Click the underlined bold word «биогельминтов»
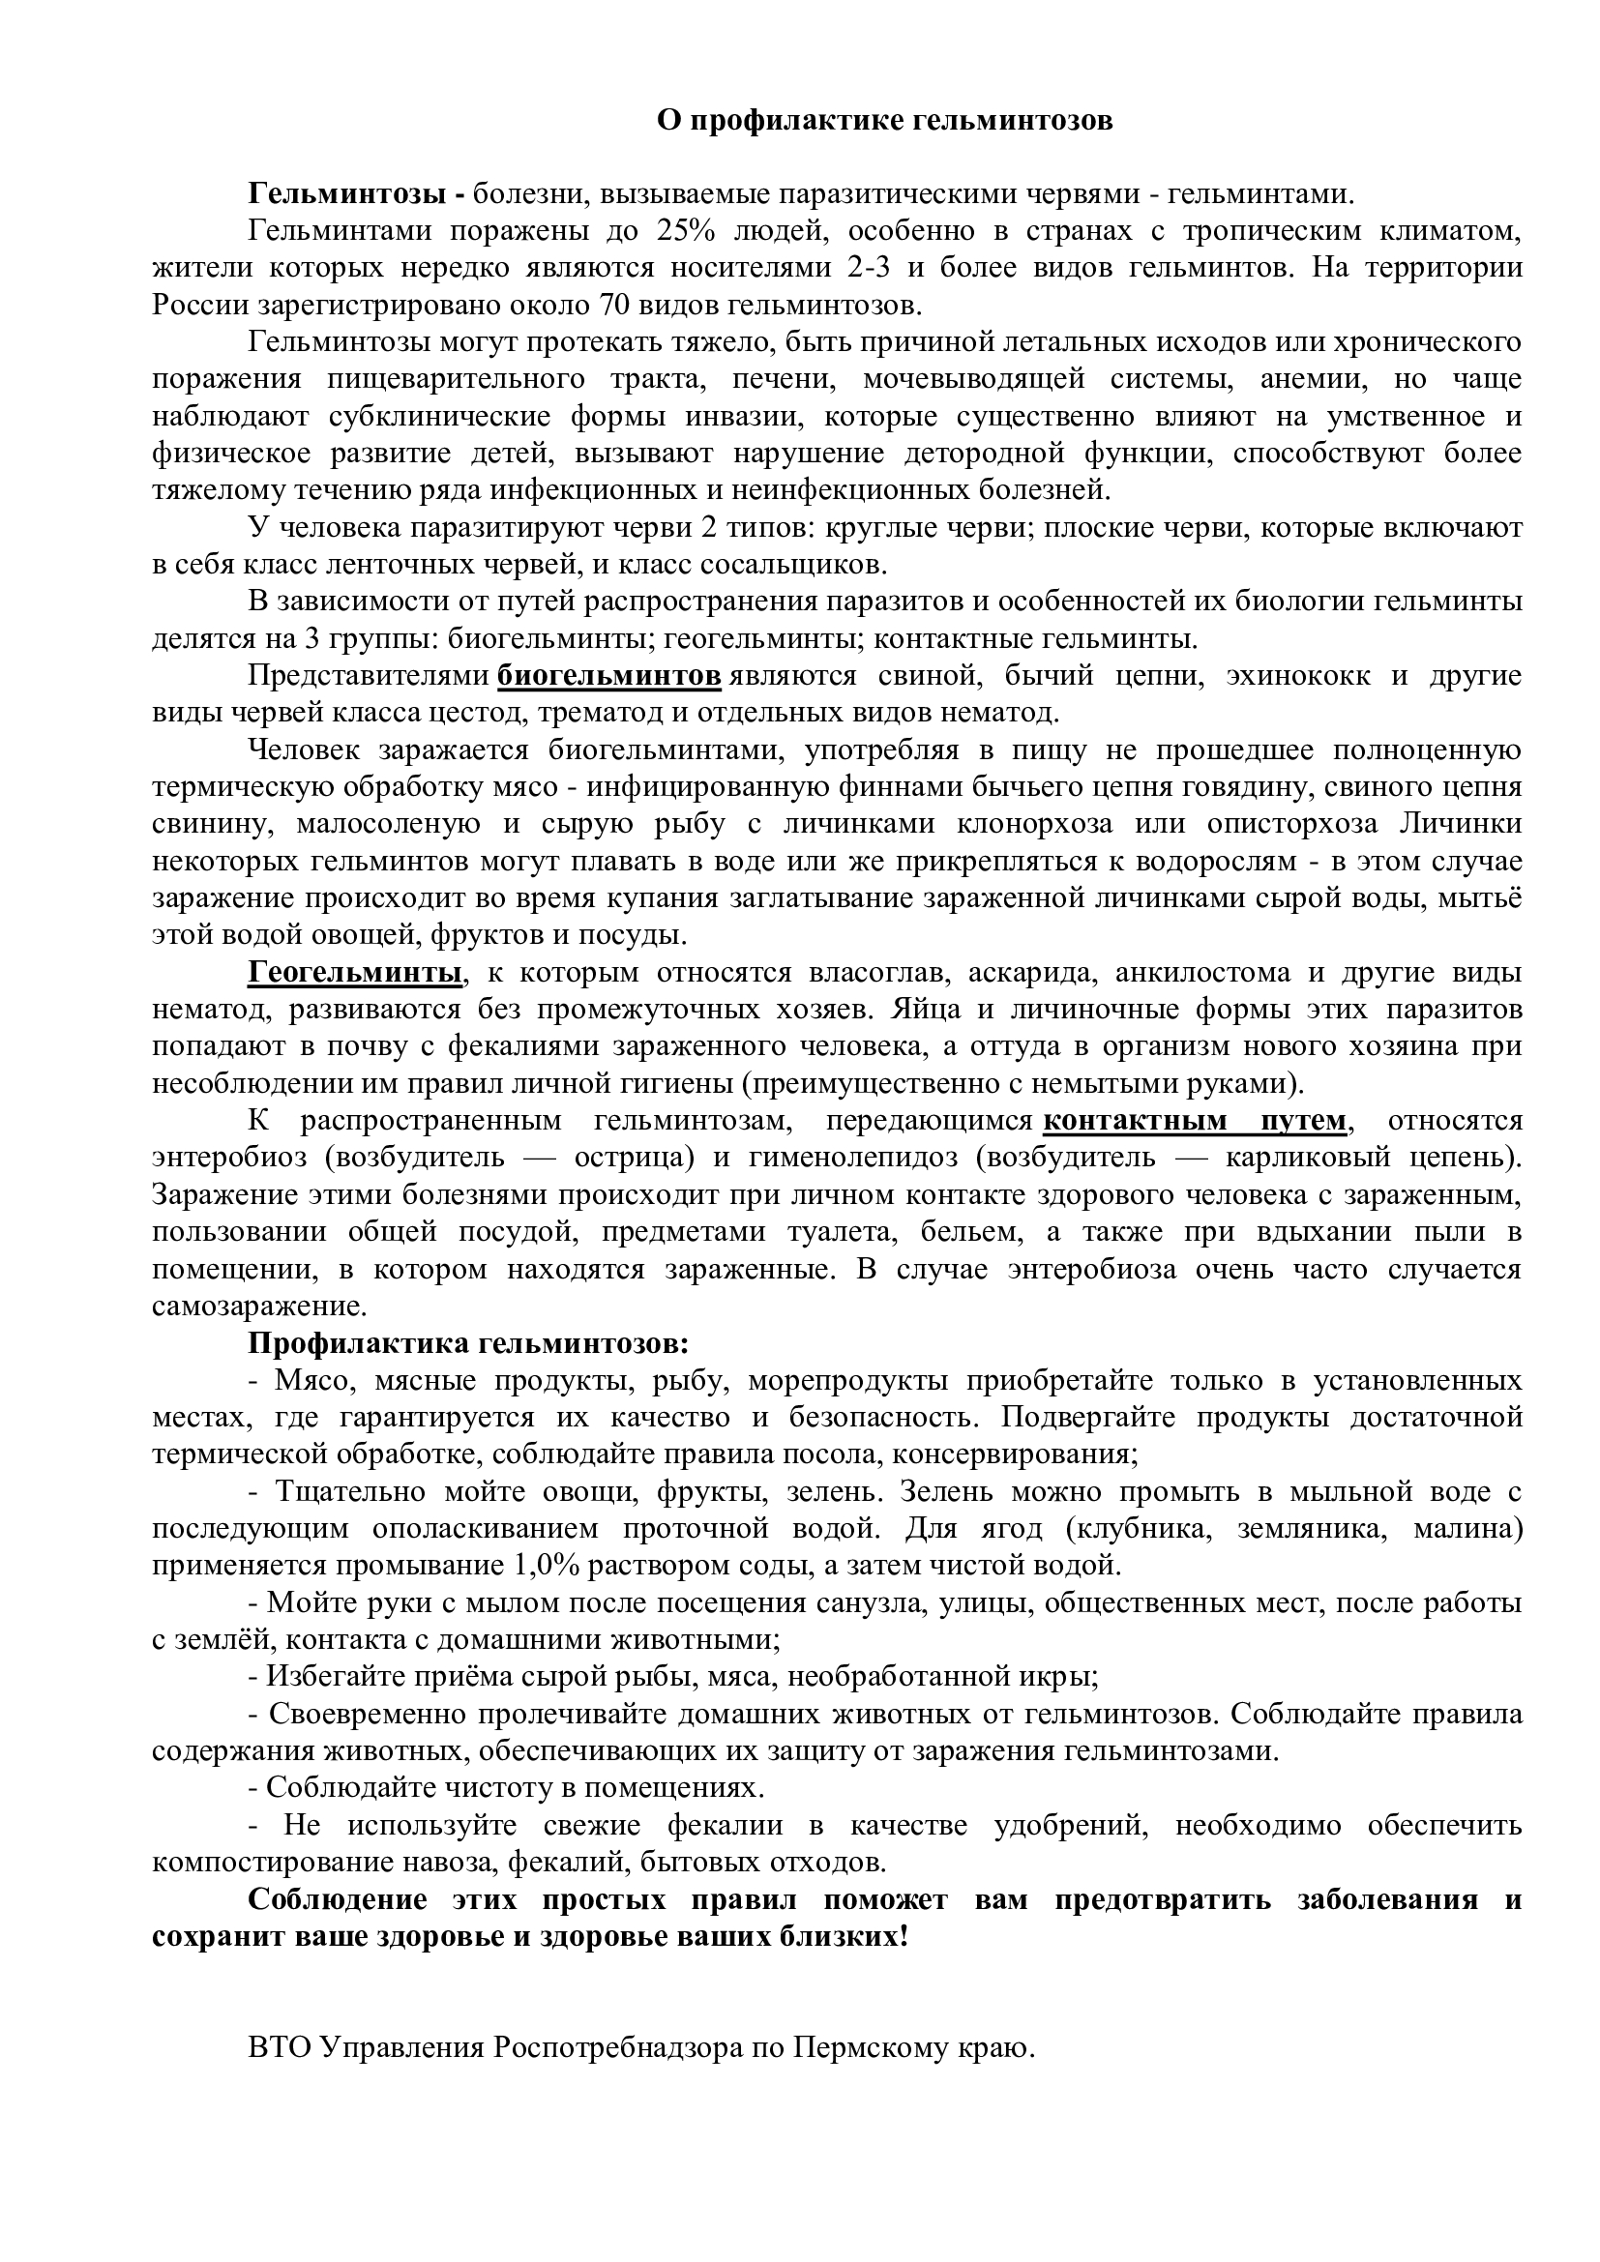click(x=609, y=676)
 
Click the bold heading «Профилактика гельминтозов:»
click(x=468, y=1344)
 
